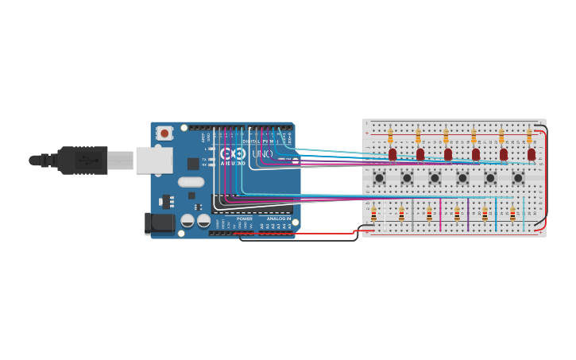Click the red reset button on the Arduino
point(164,134)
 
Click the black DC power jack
point(159,223)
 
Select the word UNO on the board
point(262,153)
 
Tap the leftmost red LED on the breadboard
point(392,154)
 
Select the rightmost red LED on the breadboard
point(531,154)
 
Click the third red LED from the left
point(448,154)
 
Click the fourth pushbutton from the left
point(462,177)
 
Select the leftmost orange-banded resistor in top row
point(390,136)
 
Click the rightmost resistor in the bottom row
point(512,213)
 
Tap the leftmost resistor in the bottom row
point(373,213)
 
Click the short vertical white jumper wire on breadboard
point(412,214)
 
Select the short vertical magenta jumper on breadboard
point(440,214)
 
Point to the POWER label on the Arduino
point(244,219)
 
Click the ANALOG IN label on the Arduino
point(278,219)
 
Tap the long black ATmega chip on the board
point(246,203)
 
